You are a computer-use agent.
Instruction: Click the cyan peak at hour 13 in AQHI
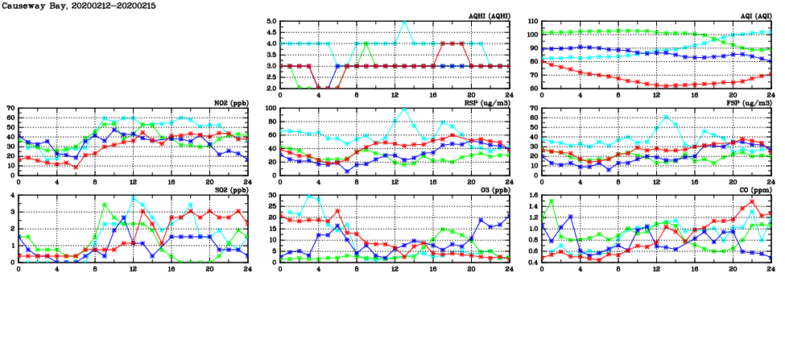tap(404, 22)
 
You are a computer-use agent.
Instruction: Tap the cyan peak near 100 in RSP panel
tap(404, 109)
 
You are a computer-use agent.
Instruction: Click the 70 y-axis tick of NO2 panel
tap(9, 108)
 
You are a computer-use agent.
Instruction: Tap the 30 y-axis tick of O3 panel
tap(271, 195)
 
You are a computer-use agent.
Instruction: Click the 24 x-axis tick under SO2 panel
tap(247, 269)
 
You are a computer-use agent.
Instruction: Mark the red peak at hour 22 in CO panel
tap(752, 201)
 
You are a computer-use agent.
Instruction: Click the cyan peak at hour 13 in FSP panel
tap(666, 117)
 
